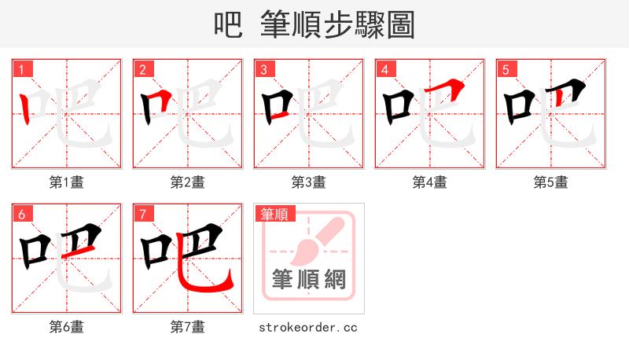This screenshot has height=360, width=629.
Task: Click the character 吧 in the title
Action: click(228, 25)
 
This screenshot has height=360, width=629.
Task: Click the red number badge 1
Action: click(21, 68)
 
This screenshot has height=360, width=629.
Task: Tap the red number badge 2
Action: click(142, 68)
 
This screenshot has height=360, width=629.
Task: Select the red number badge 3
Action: click(263, 68)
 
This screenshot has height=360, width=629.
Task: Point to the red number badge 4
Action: click(384, 68)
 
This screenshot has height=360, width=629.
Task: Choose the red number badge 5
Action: click(506, 68)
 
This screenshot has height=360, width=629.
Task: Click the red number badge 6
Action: click(21, 213)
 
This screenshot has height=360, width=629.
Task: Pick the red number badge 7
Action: click(142, 213)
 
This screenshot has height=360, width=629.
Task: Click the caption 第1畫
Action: click(67, 182)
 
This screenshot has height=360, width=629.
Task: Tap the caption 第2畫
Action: click(188, 182)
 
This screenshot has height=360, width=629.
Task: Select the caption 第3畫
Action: click(309, 182)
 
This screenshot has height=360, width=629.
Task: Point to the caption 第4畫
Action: click(430, 182)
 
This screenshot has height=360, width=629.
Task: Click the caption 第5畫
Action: click(551, 182)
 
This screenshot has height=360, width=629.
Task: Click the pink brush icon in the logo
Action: click(314, 239)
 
